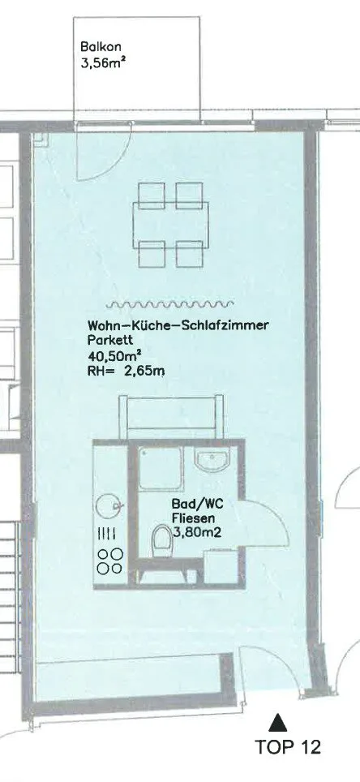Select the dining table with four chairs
[170, 225]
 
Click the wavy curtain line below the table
[169, 303]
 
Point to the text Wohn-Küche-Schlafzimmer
[178, 326]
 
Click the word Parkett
[106, 342]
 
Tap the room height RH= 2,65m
[126, 372]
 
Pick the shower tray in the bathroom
[160, 468]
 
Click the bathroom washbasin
[212, 459]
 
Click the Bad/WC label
[198, 504]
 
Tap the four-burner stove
[110, 561]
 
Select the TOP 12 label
[288, 747]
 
